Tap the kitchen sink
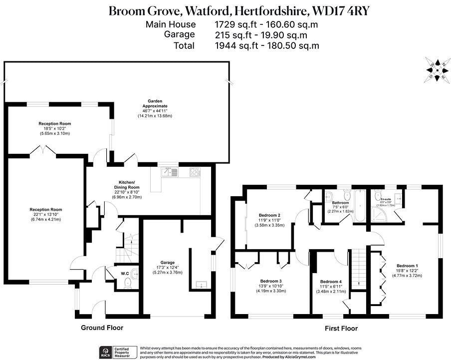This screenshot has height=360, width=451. [x=168, y=173]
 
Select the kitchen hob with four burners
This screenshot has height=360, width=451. [x=194, y=173]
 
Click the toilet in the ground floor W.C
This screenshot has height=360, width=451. [x=128, y=284]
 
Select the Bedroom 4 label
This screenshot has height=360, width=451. [x=331, y=282]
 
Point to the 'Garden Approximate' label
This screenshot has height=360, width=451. [x=155, y=103]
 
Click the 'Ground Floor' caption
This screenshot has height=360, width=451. [x=102, y=328]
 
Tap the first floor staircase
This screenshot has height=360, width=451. [x=359, y=267]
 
